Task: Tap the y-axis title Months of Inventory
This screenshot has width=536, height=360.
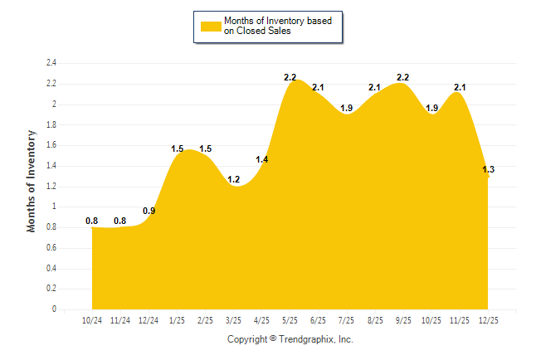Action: [32, 181]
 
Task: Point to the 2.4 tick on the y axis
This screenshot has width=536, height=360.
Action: [51, 63]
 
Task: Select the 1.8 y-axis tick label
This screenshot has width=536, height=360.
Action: [51, 124]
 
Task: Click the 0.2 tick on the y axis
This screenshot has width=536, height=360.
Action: [51, 289]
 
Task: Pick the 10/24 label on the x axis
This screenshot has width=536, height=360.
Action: [92, 320]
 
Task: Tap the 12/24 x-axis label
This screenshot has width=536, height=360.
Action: [149, 320]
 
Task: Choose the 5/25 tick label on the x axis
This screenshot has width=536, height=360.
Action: [290, 320]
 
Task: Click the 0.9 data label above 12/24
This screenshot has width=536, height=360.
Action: [149, 211]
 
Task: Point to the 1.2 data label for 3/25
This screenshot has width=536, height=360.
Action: [234, 180]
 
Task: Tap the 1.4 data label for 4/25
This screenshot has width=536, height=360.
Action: [262, 159]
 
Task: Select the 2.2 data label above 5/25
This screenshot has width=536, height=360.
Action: [290, 77]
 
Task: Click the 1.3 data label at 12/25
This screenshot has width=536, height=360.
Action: [488, 170]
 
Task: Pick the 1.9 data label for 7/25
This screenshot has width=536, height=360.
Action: [347, 108]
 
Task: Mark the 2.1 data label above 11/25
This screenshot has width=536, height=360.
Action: [460, 87]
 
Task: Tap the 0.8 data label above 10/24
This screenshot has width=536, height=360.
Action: [92, 221]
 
